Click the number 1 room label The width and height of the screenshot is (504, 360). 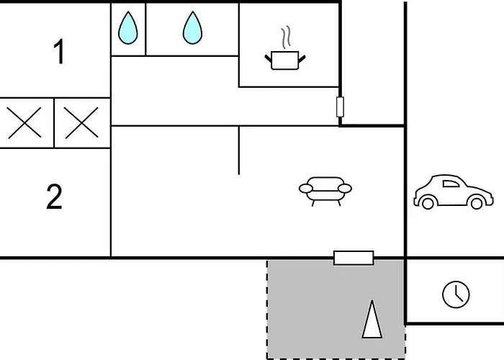pyautogui.click(x=58, y=52)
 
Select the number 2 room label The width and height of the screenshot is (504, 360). pyautogui.click(x=54, y=197)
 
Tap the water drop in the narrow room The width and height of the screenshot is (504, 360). pyautogui.click(x=128, y=28)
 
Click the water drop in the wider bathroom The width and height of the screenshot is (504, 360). pyautogui.click(x=192, y=28)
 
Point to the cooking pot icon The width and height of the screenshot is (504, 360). pyautogui.click(x=285, y=60)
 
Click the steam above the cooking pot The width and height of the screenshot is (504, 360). pyautogui.click(x=287, y=37)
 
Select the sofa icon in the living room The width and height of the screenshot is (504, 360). pyautogui.click(x=325, y=192)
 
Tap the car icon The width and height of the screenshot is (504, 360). pyautogui.click(x=453, y=192)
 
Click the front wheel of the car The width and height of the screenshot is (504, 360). pyautogui.click(x=477, y=203)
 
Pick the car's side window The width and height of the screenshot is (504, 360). pyautogui.click(x=451, y=184)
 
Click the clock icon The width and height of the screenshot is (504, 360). pyautogui.click(x=456, y=294)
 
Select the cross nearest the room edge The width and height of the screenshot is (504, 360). pyautogui.click(x=24, y=123)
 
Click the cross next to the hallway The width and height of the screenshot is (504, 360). pyautogui.click(x=81, y=123)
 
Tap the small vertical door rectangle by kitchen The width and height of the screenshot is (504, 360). pyautogui.click(x=340, y=107)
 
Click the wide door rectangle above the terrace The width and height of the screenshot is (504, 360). pyautogui.click(x=354, y=258)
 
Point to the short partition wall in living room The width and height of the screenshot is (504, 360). pyautogui.click(x=239, y=150)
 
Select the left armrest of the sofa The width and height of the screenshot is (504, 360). pyautogui.click(x=306, y=189)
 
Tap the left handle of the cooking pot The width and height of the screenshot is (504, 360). pyautogui.click(x=269, y=59)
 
